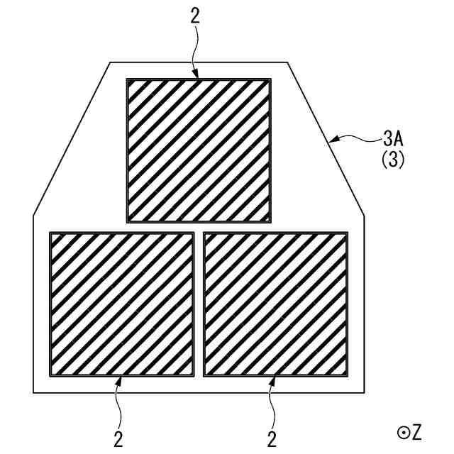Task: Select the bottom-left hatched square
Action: [121, 304]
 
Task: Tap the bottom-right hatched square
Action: [276, 304]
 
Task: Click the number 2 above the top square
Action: [195, 17]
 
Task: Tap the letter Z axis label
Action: [416, 431]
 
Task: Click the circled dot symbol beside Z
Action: [402, 431]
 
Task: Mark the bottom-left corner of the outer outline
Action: [33, 392]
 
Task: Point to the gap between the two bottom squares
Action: [199, 304]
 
